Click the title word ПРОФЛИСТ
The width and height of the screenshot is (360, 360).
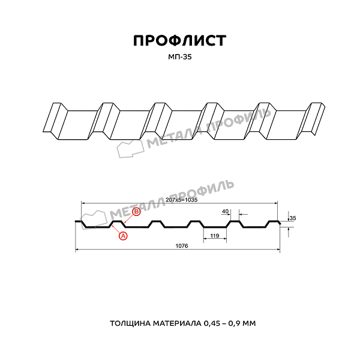(179, 41)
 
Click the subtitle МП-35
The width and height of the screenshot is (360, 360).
(179, 57)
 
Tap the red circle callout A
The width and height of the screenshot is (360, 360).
(124, 236)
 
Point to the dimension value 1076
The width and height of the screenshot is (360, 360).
(180, 247)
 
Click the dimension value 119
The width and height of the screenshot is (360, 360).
(215, 236)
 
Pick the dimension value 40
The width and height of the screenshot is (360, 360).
(225, 211)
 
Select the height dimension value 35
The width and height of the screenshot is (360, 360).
(292, 218)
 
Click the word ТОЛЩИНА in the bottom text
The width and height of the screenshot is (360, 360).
(131, 323)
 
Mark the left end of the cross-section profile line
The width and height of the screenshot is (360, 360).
(76, 221)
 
